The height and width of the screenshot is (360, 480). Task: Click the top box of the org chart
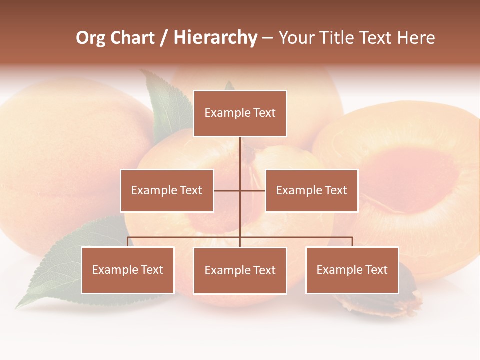point(240,113)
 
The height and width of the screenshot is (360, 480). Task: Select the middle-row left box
point(167,190)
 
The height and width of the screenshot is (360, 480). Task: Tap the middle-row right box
point(311,190)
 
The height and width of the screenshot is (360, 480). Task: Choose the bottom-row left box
point(128,270)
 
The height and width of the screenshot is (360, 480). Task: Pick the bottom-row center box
point(240,270)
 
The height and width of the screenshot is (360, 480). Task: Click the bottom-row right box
point(352,270)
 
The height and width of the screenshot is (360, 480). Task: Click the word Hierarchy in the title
point(215,38)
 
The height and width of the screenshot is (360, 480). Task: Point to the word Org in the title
point(91,38)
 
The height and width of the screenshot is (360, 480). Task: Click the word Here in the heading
point(416,38)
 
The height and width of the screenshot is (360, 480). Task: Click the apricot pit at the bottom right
point(405,295)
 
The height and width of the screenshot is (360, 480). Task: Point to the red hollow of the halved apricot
point(410,180)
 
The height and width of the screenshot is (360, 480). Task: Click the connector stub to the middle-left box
point(227,190)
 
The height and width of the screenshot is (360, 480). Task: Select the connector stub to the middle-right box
point(253,190)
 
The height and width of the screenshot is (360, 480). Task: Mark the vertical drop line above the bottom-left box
point(128,242)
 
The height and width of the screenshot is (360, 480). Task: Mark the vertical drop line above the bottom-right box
point(352,242)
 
